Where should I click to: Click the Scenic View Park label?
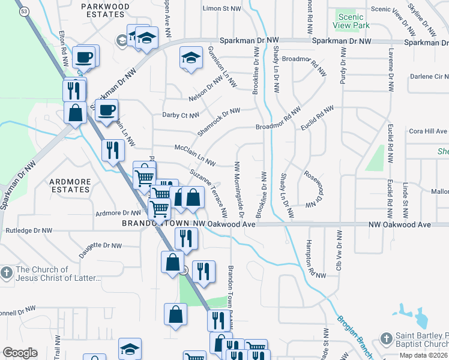pyautogui.click(x=351, y=22)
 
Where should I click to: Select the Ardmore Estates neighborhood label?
pyautogui.click(x=70, y=185)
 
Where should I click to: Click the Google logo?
pyautogui.click(x=20, y=353)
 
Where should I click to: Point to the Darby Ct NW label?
pyautogui.click(x=180, y=115)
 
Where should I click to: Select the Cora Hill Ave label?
pyautogui.click(x=428, y=131)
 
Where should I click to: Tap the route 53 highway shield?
pyautogui.click(x=23, y=11)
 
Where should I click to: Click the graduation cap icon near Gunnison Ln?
pyautogui.click(x=191, y=59)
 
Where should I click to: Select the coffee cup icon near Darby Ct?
pyautogui.click(x=106, y=110)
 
